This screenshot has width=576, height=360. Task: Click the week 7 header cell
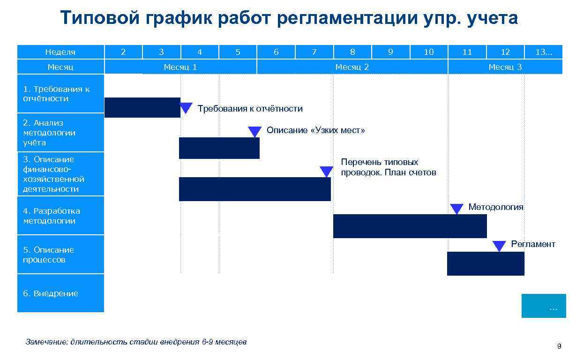[x=314, y=52]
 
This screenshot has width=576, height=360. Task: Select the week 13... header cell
[x=544, y=52]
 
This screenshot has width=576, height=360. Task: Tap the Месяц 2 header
[x=352, y=67]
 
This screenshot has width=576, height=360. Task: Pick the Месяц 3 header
[x=505, y=67]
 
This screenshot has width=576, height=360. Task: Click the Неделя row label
[x=60, y=52]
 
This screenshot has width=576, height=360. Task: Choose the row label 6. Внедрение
[x=60, y=293]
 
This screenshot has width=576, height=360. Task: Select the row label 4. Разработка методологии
[x=60, y=216]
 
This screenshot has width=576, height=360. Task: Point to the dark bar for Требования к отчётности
[x=142, y=107]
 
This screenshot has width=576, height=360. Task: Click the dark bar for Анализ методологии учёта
[x=219, y=148]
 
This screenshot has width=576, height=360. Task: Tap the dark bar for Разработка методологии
[x=410, y=226]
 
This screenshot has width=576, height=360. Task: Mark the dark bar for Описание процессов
[x=485, y=263]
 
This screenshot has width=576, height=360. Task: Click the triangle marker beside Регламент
[x=499, y=246]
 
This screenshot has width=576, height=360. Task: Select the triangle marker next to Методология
[x=456, y=209]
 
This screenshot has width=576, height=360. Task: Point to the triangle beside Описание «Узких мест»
[x=254, y=132]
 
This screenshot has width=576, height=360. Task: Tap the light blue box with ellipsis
[x=544, y=306]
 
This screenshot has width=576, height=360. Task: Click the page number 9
[x=558, y=346]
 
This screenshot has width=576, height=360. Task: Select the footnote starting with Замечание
[x=136, y=342]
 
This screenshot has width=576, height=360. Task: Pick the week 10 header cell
[x=429, y=52]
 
